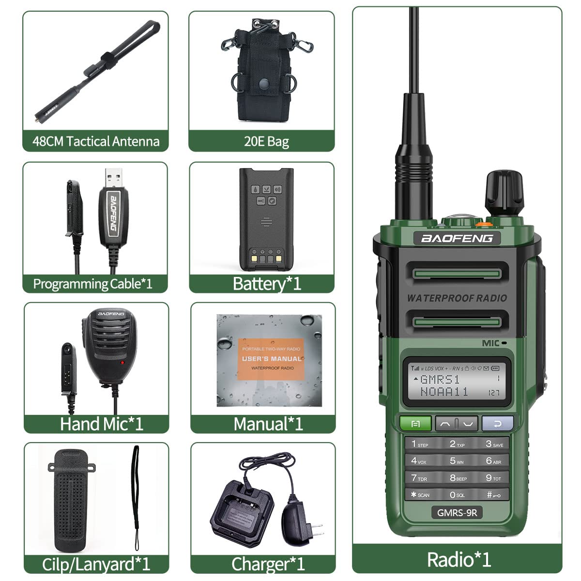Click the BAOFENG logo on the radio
(457, 238)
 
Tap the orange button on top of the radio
(481, 224)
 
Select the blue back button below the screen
(497, 424)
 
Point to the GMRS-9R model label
(457, 512)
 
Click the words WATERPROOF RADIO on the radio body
(457, 298)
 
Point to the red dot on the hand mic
(122, 363)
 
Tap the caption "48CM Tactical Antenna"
(96, 141)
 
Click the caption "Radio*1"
(459, 560)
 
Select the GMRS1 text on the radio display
(440, 379)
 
